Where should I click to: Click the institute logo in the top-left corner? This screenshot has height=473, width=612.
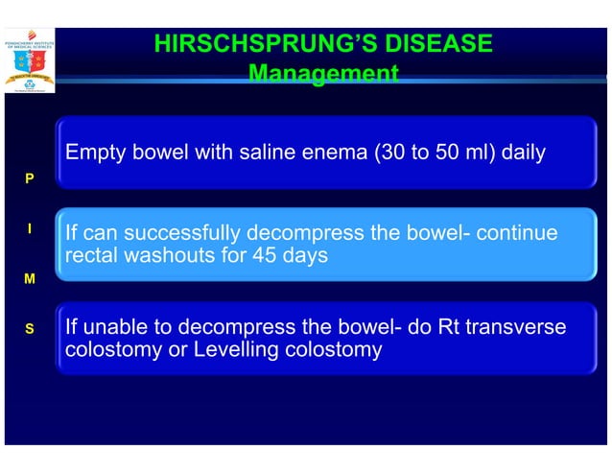30,60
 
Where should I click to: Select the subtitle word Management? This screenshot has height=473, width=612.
322,73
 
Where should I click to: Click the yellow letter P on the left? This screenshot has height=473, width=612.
30,179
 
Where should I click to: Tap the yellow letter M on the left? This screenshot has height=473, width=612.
30,279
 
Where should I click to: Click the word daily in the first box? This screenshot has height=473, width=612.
522,153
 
